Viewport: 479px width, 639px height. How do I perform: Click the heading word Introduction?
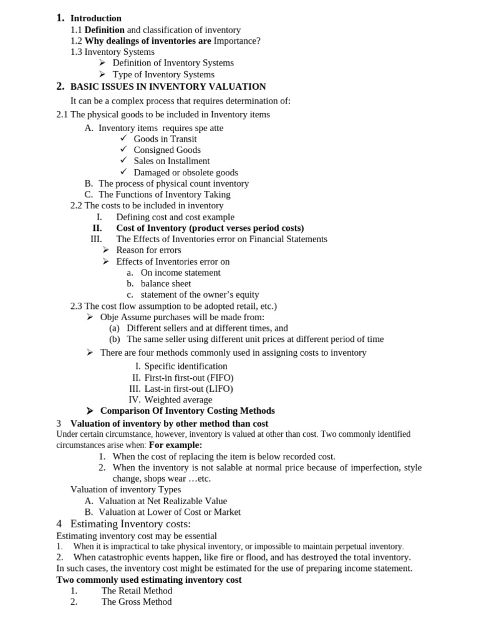click(x=95, y=18)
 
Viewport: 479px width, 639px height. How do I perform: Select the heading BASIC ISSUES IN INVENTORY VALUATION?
click(x=168, y=87)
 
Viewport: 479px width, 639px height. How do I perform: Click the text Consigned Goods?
click(x=167, y=150)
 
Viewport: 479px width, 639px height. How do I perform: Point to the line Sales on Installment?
click(x=172, y=161)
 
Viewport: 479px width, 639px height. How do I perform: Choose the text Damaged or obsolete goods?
click(x=186, y=172)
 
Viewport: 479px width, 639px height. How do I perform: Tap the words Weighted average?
click(x=178, y=399)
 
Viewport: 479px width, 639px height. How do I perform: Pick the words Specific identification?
click(x=186, y=366)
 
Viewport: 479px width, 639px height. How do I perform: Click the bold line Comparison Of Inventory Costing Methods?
click(x=187, y=411)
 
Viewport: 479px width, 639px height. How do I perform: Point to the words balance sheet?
click(x=166, y=283)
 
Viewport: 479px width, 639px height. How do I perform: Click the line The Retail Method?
click(x=137, y=590)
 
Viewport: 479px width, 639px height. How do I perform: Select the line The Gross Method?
click(x=137, y=602)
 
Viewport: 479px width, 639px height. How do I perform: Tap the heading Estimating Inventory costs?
click(x=130, y=524)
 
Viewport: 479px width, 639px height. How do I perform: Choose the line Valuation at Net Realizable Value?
click(x=163, y=500)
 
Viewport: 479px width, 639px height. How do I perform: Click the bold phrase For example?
click(x=175, y=445)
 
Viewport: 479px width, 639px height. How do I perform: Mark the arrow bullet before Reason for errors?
click(x=107, y=250)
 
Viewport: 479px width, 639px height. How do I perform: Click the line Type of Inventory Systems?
click(x=163, y=74)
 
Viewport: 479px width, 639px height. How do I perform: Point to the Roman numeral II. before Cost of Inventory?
click(x=97, y=228)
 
